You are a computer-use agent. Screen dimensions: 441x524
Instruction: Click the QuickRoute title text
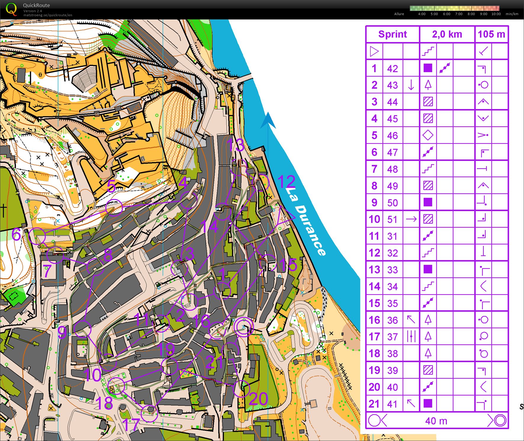pos(36,5)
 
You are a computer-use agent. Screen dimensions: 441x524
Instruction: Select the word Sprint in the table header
pos(392,34)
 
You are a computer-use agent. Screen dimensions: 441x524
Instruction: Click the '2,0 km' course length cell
pos(447,34)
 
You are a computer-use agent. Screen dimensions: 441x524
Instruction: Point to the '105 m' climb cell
pos(491,34)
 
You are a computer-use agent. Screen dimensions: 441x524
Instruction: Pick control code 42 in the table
pos(392,69)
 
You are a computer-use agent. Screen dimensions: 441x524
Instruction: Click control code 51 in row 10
pos(392,219)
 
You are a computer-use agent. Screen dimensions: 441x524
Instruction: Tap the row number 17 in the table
pos(374,337)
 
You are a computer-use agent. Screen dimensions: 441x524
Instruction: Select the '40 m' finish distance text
pos(436,421)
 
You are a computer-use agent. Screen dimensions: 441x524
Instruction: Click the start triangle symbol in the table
pos(374,51)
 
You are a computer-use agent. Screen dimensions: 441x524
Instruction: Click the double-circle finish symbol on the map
pos(244,327)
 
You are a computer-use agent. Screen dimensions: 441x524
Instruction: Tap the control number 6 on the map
pos(16,234)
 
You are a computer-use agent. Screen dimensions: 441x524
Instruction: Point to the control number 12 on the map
pos(286,182)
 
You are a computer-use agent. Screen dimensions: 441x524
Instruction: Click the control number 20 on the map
pos(258,399)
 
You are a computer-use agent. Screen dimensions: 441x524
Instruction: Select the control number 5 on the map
pos(111,186)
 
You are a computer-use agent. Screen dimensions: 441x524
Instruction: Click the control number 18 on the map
pos(104,403)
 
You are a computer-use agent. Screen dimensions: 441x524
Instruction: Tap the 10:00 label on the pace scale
pos(496,14)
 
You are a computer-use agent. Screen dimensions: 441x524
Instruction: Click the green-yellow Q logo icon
pos(11,9)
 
